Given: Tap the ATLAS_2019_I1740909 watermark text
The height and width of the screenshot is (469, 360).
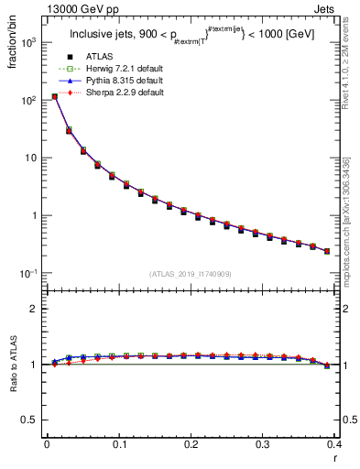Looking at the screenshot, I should (x=191, y=274).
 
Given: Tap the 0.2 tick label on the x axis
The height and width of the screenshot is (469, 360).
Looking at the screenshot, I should (x=191, y=443).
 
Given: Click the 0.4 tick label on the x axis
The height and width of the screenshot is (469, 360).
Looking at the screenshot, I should (x=334, y=443).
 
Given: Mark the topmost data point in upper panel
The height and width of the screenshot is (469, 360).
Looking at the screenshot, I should (x=54, y=96).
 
